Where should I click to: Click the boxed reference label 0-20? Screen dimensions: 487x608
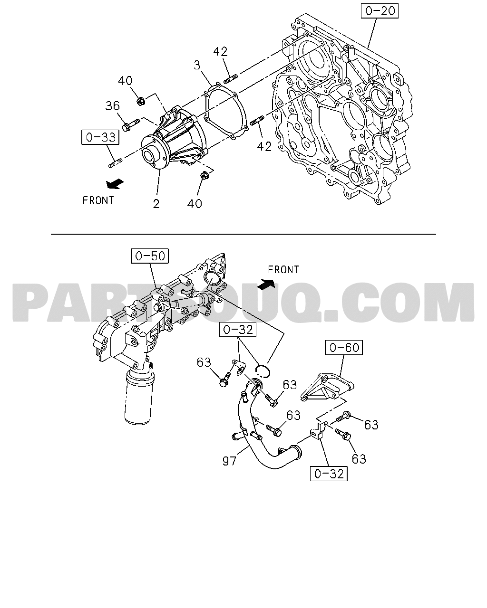click(x=380, y=11)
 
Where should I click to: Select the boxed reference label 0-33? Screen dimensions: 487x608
click(x=100, y=137)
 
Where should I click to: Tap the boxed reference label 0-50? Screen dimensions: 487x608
click(x=150, y=256)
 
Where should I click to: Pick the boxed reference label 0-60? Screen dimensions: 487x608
click(x=344, y=348)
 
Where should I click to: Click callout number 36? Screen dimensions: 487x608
click(x=113, y=106)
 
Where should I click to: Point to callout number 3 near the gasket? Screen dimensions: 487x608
click(x=197, y=65)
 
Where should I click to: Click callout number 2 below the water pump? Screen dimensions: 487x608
click(x=156, y=204)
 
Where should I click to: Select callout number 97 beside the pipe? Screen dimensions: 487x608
click(x=229, y=461)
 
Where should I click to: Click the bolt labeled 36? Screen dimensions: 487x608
click(x=131, y=125)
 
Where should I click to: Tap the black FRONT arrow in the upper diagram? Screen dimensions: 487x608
click(x=115, y=184)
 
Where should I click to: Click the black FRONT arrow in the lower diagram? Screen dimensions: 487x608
click(x=266, y=284)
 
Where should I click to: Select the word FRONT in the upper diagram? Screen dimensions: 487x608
click(x=98, y=200)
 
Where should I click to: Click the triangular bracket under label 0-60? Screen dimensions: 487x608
click(x=327, y=387)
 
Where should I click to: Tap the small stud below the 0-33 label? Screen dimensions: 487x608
click(x=116, y=163)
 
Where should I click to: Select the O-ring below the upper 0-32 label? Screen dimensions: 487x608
click(x=263, y=371)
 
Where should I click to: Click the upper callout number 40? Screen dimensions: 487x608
click(x=125, y=81)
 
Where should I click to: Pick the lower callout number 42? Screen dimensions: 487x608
click(x=264, y=146)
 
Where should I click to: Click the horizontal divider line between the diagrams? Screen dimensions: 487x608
click(x=243, y=234)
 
